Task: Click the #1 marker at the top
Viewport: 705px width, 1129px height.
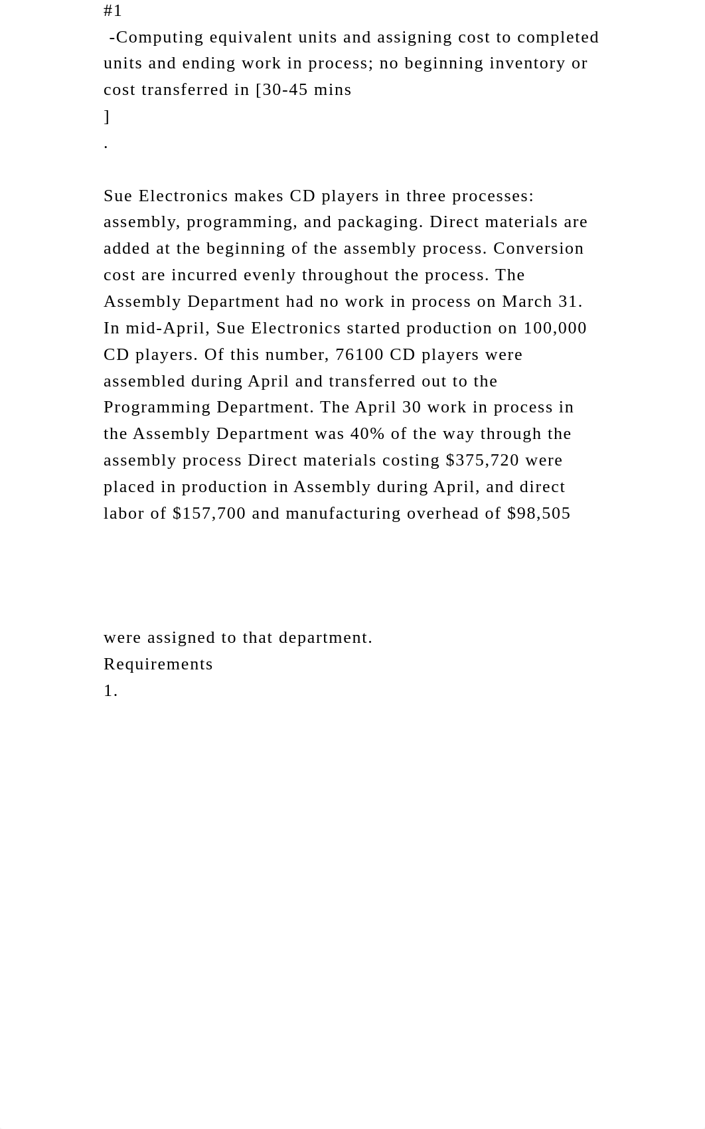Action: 113,11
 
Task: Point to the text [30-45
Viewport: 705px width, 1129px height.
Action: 281,90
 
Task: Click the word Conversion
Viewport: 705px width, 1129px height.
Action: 538,248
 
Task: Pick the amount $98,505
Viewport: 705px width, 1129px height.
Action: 538,513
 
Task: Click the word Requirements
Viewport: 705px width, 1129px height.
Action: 158,664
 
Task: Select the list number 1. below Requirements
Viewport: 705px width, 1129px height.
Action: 111,691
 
